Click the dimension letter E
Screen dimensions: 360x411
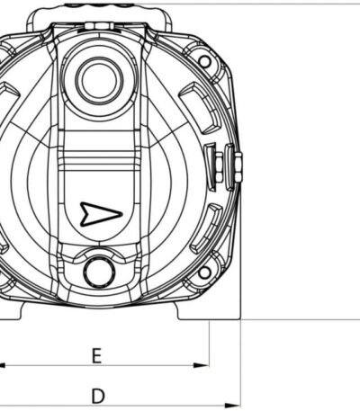(x=96, y=355)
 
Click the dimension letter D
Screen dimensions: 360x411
(x=98, y=396)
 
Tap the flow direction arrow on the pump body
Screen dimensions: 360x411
(x=102, y=214)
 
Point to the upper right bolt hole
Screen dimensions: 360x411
(x=204, y=61)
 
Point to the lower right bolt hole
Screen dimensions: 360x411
(x=204, y=273)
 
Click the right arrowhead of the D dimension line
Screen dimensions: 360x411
(x=233, y=406)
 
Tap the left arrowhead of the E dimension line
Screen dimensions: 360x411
(x=3, y=365)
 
